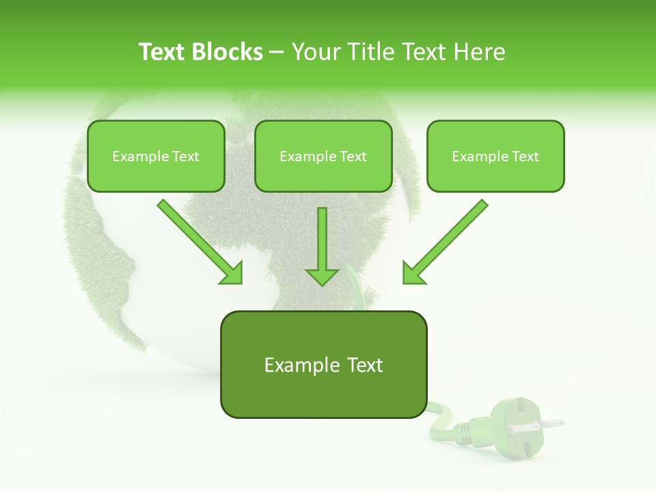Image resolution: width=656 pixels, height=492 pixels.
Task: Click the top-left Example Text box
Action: pos(156,156)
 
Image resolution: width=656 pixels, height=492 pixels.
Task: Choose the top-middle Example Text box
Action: pos(323,156)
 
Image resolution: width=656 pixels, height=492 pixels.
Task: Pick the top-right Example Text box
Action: pos(495,156)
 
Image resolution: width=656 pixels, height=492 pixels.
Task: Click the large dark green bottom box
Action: pos(323,364)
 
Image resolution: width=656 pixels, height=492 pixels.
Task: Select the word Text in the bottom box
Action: pos(361,365)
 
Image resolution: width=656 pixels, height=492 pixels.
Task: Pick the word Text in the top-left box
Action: pos(186,156)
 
